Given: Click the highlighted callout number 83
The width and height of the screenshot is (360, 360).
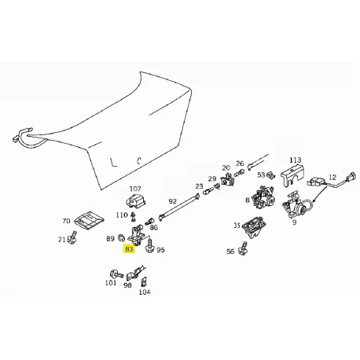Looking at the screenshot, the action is [130, 249].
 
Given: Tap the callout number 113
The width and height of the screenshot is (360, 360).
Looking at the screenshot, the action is [296, 160].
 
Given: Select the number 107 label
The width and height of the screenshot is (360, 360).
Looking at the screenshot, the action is [135, 189].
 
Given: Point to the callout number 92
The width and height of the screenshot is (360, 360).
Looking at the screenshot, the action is [173, 201].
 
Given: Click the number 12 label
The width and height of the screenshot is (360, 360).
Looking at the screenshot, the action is [332, 178].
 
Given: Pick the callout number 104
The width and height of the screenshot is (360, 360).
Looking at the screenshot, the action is [145, 292].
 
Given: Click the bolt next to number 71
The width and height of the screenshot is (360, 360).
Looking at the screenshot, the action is [72, 237].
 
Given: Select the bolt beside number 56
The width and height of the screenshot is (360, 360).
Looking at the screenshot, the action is [243, 248].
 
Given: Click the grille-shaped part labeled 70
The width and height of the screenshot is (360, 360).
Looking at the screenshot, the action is [90, 219].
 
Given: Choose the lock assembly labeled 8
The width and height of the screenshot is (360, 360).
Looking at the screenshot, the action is [263, 198].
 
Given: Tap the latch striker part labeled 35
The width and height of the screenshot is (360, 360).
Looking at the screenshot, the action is [252, 227].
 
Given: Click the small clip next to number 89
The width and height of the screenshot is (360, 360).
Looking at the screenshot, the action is [121, 237].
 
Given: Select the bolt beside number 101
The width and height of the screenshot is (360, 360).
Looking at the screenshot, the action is [116, 275].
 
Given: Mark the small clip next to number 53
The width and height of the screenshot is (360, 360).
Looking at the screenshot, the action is [270, 175].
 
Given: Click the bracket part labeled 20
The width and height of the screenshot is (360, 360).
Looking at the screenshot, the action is [227, 179].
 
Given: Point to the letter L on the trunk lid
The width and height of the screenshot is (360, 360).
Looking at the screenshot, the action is [113, 162].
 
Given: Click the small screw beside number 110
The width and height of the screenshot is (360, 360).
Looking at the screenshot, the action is [134, 215].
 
